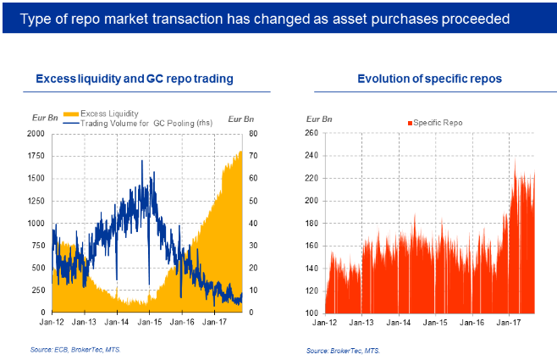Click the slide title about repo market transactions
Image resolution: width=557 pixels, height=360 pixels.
[263, 18]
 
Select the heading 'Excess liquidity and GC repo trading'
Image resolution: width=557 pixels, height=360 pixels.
[135, 79]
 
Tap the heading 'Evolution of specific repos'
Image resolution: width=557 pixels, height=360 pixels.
[430, 79]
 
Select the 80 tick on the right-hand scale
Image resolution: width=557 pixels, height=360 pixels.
[251, 134]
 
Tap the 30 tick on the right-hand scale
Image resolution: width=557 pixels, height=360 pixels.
[251, 246]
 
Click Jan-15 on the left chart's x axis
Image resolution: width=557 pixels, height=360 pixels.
[150, 323]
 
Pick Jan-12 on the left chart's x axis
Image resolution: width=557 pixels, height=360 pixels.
[52, 323]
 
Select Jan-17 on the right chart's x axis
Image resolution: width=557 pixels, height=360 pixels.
[508, 323]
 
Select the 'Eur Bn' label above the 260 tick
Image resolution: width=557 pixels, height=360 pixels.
[319, 119]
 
